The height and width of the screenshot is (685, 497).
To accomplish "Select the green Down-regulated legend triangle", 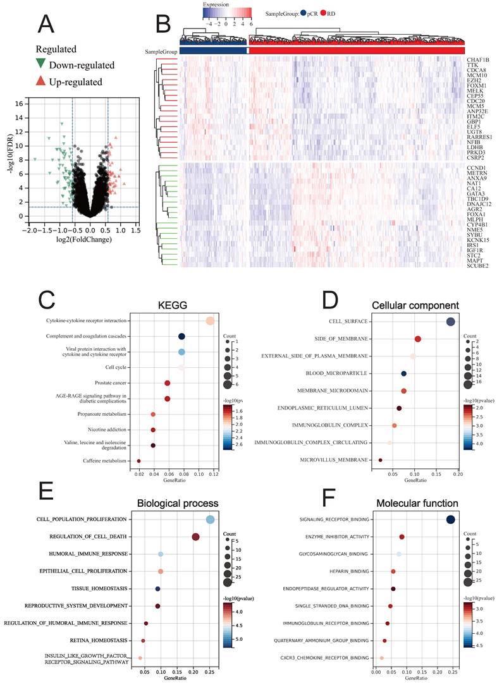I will click(40, 64).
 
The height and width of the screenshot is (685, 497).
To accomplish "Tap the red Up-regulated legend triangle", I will click(40, 82).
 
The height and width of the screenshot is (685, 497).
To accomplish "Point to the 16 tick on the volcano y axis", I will click(19, 104).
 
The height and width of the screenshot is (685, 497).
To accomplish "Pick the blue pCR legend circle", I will click(304, 12).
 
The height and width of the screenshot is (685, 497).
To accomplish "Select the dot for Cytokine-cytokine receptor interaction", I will click(210, 321).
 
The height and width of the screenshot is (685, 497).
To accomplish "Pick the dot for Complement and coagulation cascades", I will click(181, 337).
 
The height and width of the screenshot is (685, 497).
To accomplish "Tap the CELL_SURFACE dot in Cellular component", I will click(450, 322).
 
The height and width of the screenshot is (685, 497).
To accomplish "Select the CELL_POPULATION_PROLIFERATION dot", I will click(210, 519).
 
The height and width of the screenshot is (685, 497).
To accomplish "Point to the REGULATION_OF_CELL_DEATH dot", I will click(195, 537).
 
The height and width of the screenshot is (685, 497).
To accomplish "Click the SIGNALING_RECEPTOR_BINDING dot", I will click(450, 520).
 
